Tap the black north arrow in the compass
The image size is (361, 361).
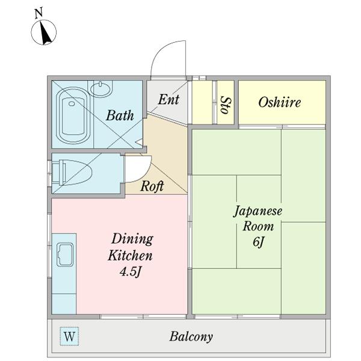(x=46, y=32)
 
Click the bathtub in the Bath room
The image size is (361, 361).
(x=73, y=116)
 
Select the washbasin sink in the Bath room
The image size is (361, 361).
(x=100, y=88)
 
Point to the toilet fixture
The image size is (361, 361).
(x=72, y=172)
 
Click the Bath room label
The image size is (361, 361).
(x=120, y=115)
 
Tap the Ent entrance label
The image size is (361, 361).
(x=168, y=99)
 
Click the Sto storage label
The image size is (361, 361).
(x=226, y=105)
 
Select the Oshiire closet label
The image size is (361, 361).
(x=280, y=102)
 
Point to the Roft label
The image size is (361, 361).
(x=152, y=186)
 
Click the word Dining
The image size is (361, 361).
(x=132, y=239)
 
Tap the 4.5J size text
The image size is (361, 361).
(x=130, y=272)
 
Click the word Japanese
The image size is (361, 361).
(x=258, y=211)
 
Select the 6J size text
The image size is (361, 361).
(x=258, y=242)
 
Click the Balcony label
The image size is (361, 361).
(x=191, y=337)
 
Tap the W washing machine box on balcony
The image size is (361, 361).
(x=69, y=336)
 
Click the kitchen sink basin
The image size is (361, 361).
(x=65, y=255)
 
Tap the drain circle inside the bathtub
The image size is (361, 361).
(x=72, y=103)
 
